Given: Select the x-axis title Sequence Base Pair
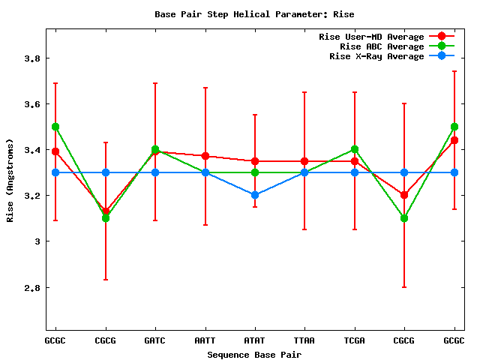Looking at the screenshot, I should pos(254,354).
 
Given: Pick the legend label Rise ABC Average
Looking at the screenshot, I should pos(382,46).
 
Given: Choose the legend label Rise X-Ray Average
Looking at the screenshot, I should pos(376,56).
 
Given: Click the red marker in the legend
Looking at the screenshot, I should pos(442,37).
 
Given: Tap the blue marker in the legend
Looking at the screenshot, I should pos(442,56).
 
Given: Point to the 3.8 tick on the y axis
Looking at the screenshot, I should pos(32,58).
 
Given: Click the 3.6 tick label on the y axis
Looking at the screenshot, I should pos(32,104).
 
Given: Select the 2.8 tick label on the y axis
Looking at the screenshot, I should pos(32,287).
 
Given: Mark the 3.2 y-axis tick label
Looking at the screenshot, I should pos(32,196).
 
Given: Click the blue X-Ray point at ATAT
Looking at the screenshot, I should pos(255,195).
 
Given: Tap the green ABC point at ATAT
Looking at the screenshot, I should pos(255,172).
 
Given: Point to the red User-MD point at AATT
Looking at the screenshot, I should pos(205,156).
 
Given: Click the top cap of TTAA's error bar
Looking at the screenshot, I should pos(304,92).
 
